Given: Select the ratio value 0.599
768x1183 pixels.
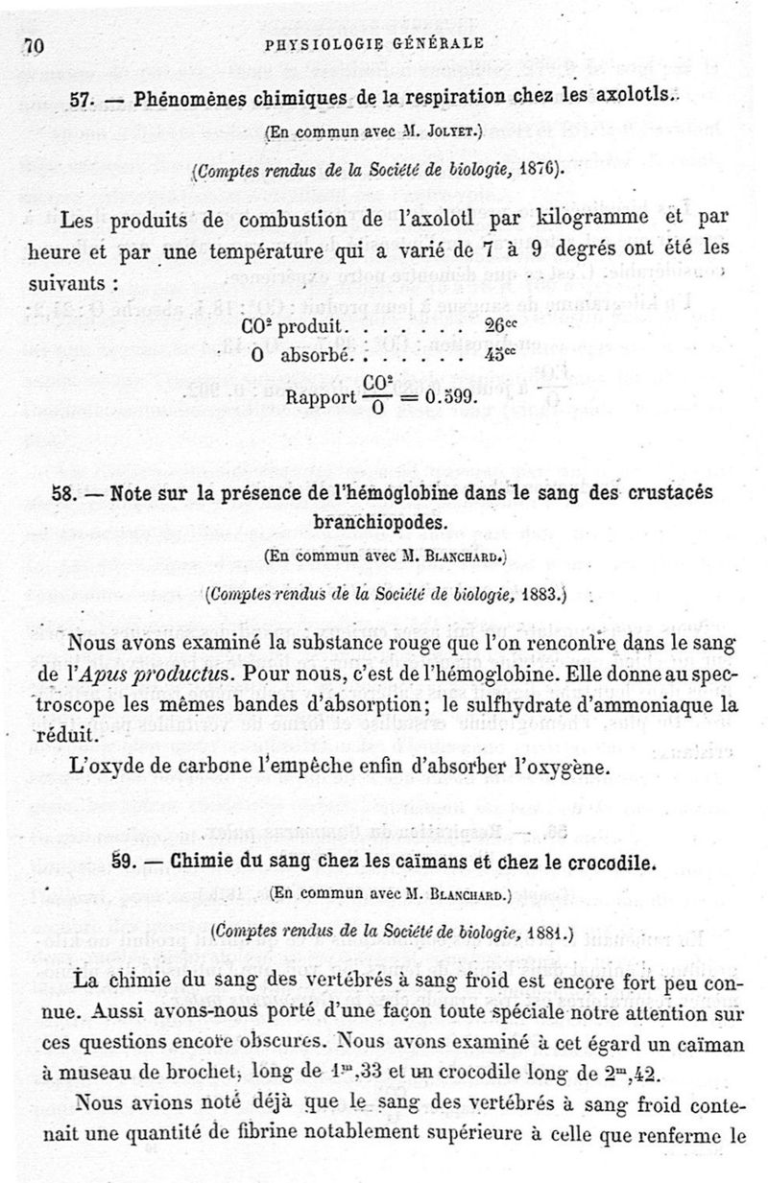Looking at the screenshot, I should point(446,394).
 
